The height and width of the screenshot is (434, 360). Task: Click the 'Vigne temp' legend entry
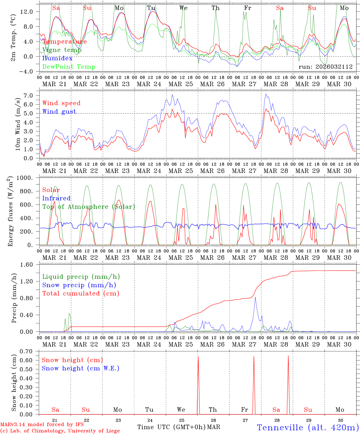(x=62, y=50)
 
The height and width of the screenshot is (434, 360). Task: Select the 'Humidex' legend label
(x=57, y=58)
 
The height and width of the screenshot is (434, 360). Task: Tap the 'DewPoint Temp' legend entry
(x=69, y=67)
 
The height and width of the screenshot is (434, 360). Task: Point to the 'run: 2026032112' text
(x=325, y=67)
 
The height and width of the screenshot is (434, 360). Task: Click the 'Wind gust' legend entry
(x=59, y=112)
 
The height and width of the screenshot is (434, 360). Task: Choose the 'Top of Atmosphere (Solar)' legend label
(x=89, y=207)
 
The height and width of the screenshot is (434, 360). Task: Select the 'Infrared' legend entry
(x=56, y=198)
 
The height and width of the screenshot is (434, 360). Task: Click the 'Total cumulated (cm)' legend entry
(x=81, y=294)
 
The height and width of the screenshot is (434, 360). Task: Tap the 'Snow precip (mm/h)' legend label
(x=79, y=285)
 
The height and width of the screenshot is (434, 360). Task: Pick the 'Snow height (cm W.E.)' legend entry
(x=81, y=368)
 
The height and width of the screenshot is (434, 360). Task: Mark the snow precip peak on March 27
(x=255, y=297)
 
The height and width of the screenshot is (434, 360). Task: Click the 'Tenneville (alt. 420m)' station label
(x=308, y=427)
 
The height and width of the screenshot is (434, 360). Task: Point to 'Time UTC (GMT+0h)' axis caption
(x=171, y=427)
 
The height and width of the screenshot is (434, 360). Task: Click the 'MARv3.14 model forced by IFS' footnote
(x=42, y=424)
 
